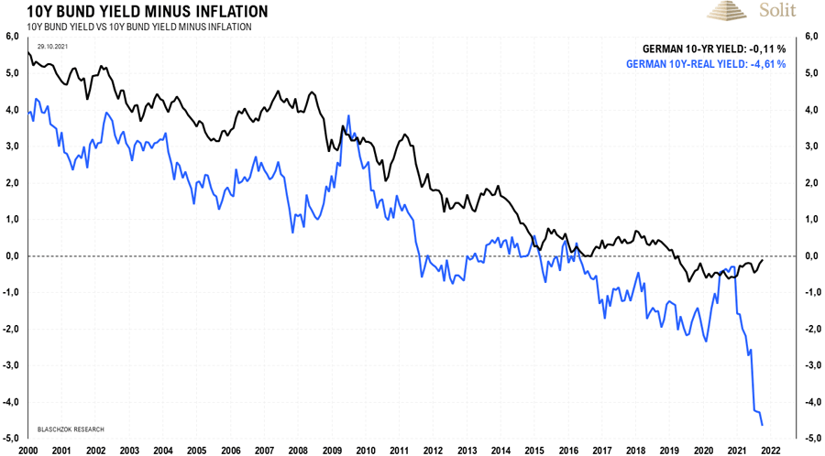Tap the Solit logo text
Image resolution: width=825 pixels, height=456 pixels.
click(778, 11)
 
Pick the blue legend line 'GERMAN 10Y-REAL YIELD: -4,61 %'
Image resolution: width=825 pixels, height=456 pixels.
click(705, 65)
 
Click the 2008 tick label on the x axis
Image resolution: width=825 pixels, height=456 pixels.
click(298, 450)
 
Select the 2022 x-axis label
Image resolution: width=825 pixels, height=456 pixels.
click(769, 450)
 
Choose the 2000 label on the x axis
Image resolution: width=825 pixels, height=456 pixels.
click(28, 450)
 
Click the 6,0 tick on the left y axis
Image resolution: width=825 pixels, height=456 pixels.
click(13, 37)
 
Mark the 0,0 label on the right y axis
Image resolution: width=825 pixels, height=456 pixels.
click(812, 256)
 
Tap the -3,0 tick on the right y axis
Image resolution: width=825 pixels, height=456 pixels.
click(812, 365)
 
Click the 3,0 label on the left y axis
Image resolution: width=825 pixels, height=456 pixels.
click(13, 147)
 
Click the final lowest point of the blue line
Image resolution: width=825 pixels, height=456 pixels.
click(764, 424)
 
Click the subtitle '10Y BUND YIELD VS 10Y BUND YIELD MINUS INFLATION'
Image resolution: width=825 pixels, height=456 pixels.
click(139, 27)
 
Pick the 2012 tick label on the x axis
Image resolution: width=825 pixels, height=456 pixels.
click(433, 450)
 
